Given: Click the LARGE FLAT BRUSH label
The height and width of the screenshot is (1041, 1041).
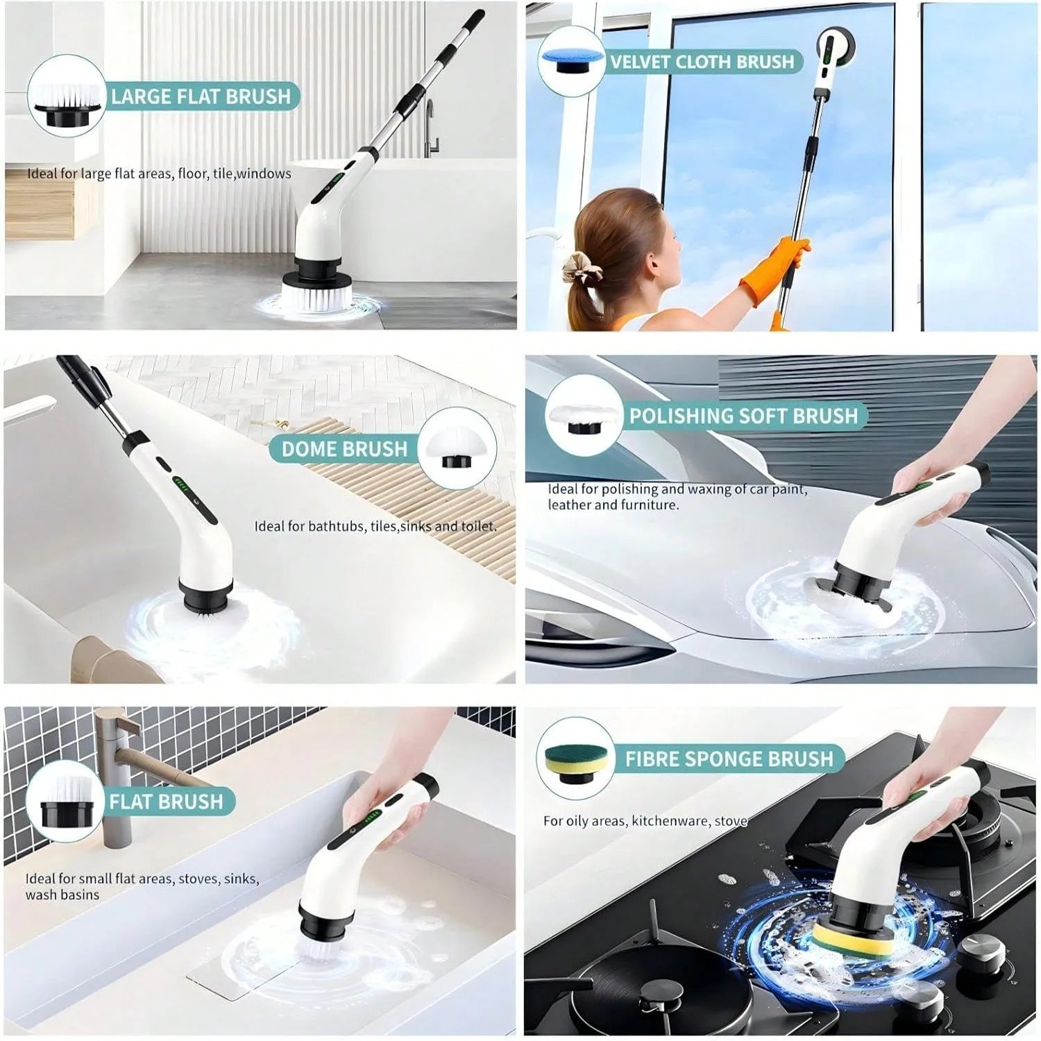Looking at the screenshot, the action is pos(201,96).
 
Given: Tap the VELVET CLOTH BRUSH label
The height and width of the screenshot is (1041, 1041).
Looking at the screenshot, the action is pos(702,62).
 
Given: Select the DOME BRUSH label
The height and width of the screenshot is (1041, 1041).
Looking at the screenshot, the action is pos(344,449).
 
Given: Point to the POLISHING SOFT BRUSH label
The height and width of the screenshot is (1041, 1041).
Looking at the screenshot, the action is pos(743,416).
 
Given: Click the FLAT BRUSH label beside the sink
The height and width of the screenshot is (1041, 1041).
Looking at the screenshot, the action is pos(166,802).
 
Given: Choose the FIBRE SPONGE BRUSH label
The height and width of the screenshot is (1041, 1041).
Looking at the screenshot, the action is pos(729,759).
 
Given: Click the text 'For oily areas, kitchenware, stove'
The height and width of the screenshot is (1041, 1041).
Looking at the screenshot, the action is pos(645,821).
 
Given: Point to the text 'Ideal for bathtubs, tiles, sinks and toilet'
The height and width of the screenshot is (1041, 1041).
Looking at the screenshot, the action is pos(375,526).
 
